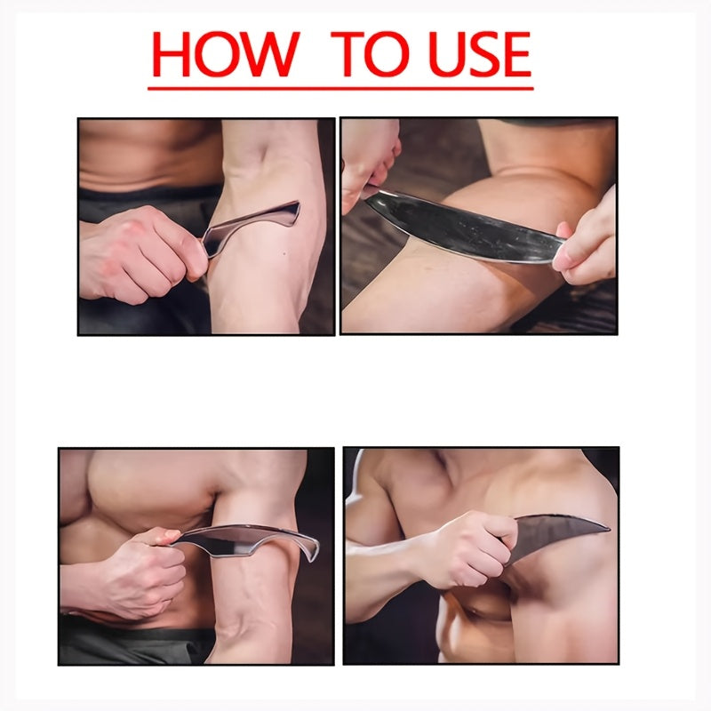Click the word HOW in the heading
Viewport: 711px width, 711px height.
[x=226, y=54]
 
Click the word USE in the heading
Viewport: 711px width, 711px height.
[x=479, y=54]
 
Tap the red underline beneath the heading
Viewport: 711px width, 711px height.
[x=340, y=88]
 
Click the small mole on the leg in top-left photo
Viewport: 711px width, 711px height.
[x=284, y=253]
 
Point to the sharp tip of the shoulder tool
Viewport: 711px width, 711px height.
[x=609, y=527]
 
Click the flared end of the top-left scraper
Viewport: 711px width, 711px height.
[x=291, y=213]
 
